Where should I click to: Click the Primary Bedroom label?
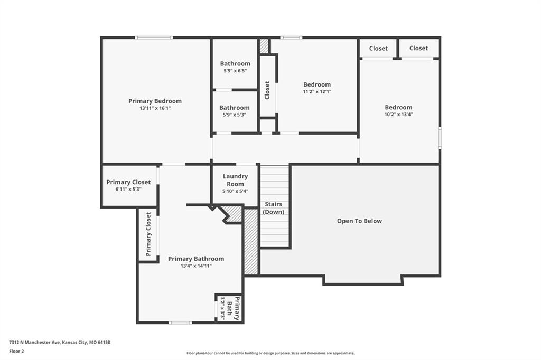click(x=155, y=101)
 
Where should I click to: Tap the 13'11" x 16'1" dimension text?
click(x=155, y=108)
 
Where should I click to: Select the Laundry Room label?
click(x=235, y=180)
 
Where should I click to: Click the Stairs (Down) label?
click(x=274, y=208)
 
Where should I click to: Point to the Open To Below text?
click(x=359, y=221)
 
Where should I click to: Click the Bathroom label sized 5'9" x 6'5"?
click(x=235, y=63)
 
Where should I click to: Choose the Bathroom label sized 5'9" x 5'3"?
click(x=234, y=108)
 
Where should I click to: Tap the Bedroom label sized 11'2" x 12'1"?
click(x=317, y=84)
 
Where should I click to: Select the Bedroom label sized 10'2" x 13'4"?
click(x=398, y=107)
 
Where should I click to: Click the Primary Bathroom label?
click(x=196, y=259)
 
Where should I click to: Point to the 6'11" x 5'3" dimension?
click(x=128, y=190)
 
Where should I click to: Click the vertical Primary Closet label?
click(x=148, y=234)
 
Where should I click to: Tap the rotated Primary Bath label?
click(x=232, y=308)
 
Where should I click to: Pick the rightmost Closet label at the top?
click(x=418, y=48)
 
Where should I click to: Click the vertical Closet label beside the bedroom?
click(x=267, y=90)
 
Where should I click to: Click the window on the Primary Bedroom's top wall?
click(x=154, y=37)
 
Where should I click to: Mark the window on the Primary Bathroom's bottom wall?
click(x=180, y=323)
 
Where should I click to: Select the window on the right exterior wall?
click(x=440, y=138)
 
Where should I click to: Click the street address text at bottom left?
click(x=60, y=343)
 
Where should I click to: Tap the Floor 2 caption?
click(x=16, y=352)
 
